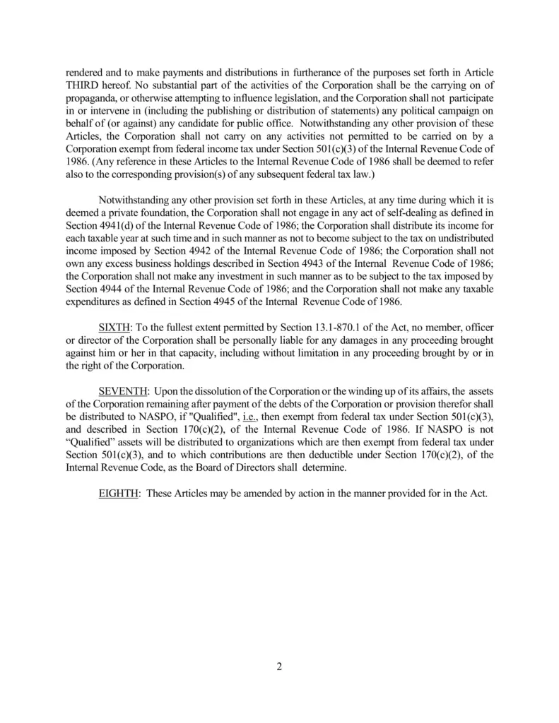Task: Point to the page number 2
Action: pyautogui.click(x=279, y=667)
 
